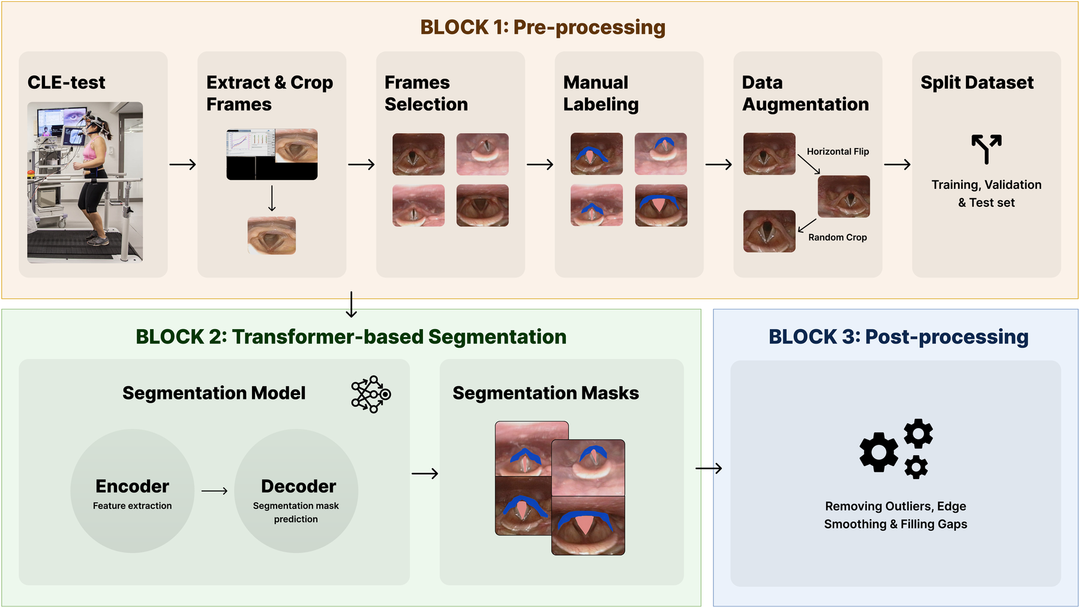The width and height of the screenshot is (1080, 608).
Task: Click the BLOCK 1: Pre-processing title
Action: tap(542, 28)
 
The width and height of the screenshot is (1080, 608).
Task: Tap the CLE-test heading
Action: tap(67, 82)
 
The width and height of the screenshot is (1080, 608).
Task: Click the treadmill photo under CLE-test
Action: tap(85, 182)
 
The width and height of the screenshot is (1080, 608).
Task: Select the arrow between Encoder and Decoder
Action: tap(214, 491)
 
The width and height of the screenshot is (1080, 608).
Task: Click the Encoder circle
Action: tap(133, 491)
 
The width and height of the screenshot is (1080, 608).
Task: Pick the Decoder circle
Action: tap(296, 491)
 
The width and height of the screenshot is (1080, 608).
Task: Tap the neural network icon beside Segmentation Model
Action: tap(371, 394)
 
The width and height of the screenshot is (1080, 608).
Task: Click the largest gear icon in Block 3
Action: tap(879, 452)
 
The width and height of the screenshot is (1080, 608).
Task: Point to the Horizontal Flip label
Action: tap(838, 152)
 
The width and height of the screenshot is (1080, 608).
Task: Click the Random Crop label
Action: tap(838, 237)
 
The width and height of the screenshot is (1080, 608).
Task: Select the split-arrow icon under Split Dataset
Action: tap(986, 149)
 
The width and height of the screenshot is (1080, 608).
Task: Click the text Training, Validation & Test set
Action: tap(986, 194)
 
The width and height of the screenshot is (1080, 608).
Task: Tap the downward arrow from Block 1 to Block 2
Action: tap(352, 305)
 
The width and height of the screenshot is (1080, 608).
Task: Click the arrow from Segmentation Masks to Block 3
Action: tap(709, 468)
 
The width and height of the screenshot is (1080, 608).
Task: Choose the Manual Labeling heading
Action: tap(601, 93)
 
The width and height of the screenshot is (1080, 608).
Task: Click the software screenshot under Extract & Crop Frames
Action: tap(272, 154)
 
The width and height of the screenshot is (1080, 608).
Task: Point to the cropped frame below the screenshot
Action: tap(272, 236)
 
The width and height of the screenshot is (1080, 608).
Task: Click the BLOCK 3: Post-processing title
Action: tap(898, 337)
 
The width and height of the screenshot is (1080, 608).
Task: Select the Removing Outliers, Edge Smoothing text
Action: tap(896, 515)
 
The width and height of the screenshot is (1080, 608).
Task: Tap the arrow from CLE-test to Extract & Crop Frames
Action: tap(183, 164)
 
